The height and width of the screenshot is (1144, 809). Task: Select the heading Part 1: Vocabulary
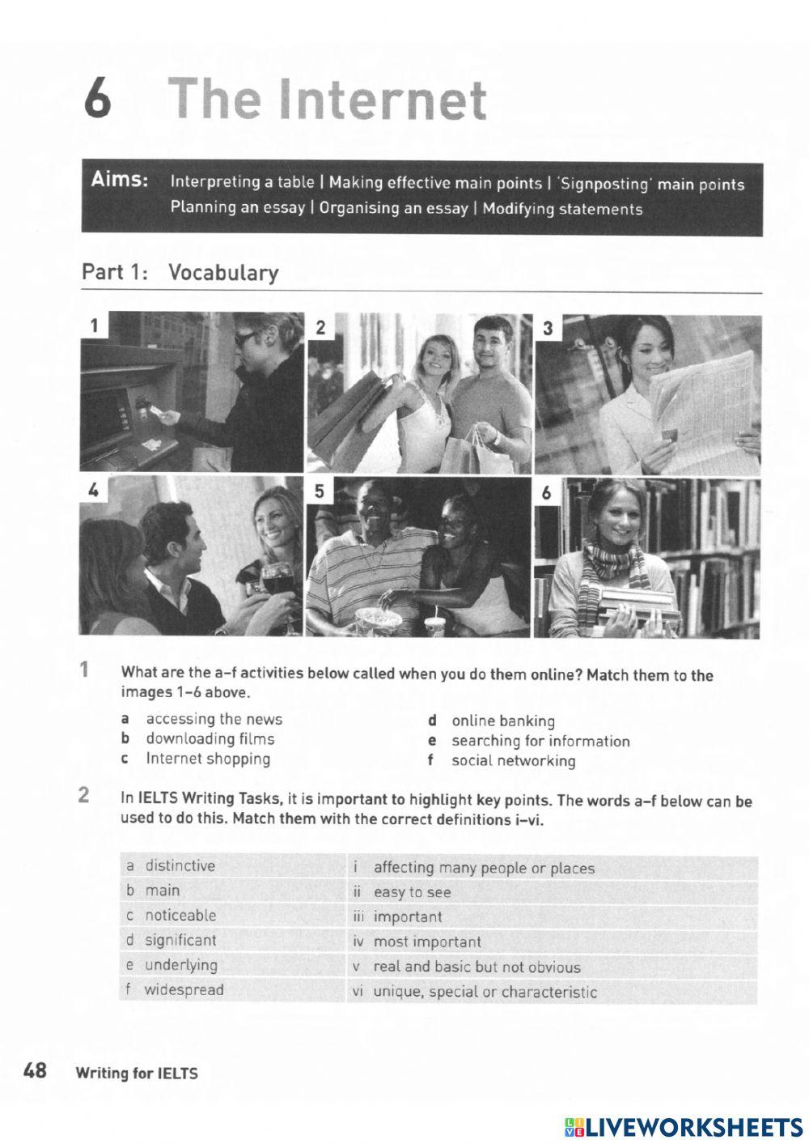[x=180, y=273]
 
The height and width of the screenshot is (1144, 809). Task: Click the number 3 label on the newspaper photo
[x=549, y=328]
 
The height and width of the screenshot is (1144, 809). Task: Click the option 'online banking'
[x=502, y=721]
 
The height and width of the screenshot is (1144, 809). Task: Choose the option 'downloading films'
[x=210, y=738]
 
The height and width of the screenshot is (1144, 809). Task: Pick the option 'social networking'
[x=513, y=760]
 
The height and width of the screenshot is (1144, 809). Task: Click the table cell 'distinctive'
[x=180, y=865]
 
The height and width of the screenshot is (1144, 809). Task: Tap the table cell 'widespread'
[x=184, y=989]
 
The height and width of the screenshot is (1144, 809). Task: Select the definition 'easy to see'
[x=412, y=892]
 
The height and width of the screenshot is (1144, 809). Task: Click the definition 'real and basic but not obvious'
[x=477, y=967]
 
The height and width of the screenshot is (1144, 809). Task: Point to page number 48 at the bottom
[x=35, y=1071]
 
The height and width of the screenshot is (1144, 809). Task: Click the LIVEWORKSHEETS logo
[x=684, y=1126]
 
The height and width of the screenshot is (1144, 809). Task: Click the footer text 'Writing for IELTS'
[x=136, y=1074]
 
